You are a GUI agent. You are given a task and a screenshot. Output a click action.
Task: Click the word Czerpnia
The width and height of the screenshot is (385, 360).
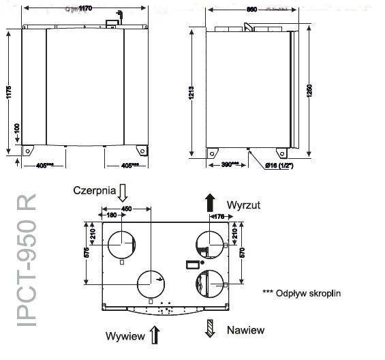click(x=93, y=192)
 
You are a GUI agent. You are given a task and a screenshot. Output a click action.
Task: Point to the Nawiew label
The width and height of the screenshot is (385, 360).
click(x=245, y=330)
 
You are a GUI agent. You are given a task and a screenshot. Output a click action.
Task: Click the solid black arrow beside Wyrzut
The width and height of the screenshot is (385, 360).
click(x=210, y=202)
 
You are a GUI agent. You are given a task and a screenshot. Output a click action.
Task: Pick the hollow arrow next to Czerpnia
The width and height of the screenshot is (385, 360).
click(x=123, y=190)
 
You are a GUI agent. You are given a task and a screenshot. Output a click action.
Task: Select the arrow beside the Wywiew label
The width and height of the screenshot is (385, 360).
click(x=155, y=335)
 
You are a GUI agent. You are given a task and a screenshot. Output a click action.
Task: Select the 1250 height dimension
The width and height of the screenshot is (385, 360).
click(x=310, y=95)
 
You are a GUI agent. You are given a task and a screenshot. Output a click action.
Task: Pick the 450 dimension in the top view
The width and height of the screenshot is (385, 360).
click(x=126, y=209)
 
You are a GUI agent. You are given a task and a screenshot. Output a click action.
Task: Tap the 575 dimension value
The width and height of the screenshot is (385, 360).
click(x=85, y=252)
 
